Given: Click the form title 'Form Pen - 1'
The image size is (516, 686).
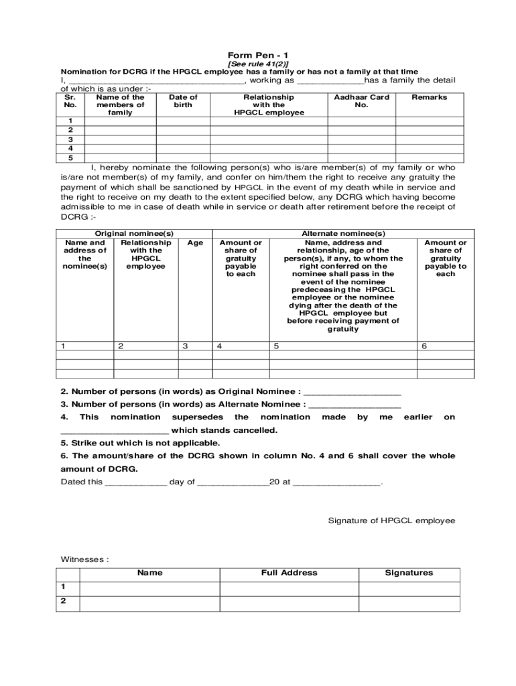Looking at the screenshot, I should pyautogui.click(x=258, y=55).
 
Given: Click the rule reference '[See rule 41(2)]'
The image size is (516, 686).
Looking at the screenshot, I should pyautogui.click(x=258, y=64).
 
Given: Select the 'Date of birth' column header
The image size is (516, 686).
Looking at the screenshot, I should pyautogui.click(x=183, y=101).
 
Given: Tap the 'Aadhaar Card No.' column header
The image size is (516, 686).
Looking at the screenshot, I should pyautogui.click(x=361, y=101).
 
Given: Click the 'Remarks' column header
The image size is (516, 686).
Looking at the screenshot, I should pyautogui.click(x=429, y=97).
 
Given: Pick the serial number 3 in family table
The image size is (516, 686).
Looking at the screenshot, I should pyautogui.click(x=70, y=139).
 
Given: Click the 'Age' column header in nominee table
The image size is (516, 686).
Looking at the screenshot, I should pyautogui.click(x=195, y=243).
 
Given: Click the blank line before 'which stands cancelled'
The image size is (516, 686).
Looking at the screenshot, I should pyautogui.click(x=115, y=431).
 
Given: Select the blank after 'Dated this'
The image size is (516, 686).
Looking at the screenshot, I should pyautogui.click(x=136, y=482).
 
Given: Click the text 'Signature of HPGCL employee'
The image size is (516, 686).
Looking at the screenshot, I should pyautogui.click(x=391, y=521).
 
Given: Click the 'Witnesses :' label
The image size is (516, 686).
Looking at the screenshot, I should pyautogui.click(x=84, y=559).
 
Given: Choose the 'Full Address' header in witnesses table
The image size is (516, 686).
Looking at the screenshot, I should pyautogui.click(x=289, y=573).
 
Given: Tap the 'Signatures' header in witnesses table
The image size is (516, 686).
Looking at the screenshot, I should pyautogui.click(x=409, y=573).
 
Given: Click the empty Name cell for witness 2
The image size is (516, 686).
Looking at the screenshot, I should pyautogui.click(x=149, y=601).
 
